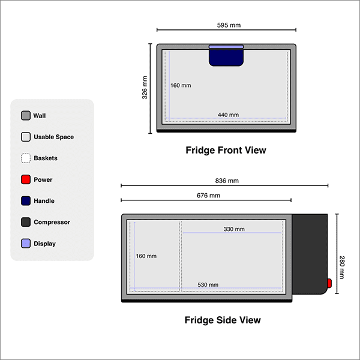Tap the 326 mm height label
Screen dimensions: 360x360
(145, 88)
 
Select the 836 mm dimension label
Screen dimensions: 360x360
(227, 181)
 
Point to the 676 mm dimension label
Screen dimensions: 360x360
(208, 196)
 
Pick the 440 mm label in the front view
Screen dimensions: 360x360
(228, 115)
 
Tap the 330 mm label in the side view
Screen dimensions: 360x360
(234, 229)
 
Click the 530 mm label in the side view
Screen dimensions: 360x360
(208, 284)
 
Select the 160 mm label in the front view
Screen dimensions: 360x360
(181, 85)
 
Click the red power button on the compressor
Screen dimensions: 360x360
(329, 283)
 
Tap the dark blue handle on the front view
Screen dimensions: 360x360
(226, 58)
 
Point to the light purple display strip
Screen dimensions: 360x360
(226, 46)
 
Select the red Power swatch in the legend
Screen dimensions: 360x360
(26, 179)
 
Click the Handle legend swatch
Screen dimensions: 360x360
(26, 201)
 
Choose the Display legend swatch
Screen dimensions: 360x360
(26, 244)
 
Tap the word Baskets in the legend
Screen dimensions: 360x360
(46, 158)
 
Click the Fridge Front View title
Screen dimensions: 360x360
(226, 150)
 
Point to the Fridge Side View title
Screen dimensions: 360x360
(223, 320)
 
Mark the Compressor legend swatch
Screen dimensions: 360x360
(26, 222)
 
